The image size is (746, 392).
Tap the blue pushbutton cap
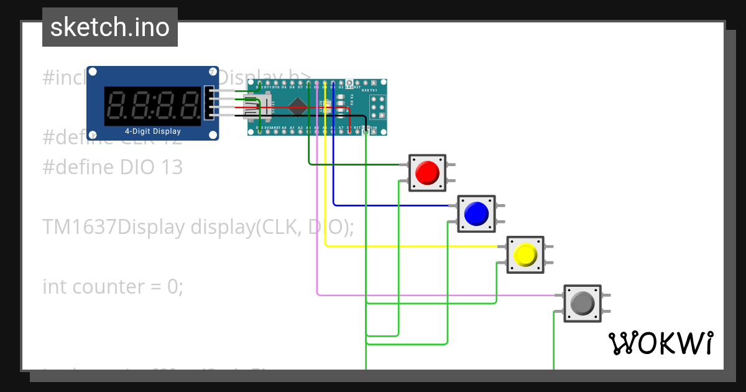pyautogui.click(x=476, y=213)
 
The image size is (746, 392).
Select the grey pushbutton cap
pyautogui.click(x=583, y=303)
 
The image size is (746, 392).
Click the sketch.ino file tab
pyautogui.click(x=110, y=27)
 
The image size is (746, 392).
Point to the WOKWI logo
pyautogui.click(x=660, y=343)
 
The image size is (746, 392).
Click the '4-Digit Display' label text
pyautogui.click(x=153, y=131)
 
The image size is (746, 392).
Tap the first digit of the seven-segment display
pyautogui.click(x=117, y=103)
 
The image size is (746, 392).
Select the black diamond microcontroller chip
pyautogui.click(x=297, y=108)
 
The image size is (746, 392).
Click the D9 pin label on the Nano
pyautogui.click(x=284, y=87)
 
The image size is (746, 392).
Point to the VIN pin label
pyautogui.click(x=374, y=128)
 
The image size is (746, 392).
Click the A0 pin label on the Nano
pyautogui.click(x=284, y=128)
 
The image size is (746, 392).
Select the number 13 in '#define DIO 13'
pyautogui.click(x=172, y=167)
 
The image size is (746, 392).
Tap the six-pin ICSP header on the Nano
pyautogui.click(x=377, y=107)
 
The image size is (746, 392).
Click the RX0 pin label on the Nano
pyautogui.click(x=364, y=90)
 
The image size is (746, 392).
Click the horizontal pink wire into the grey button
pyautogui.click(x=435, y=294)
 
